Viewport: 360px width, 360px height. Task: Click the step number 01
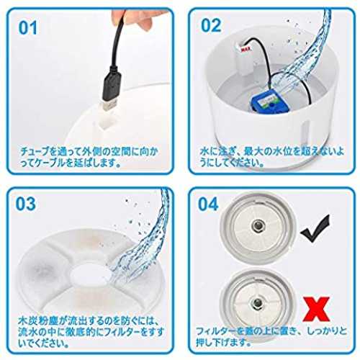(x=28, y=27)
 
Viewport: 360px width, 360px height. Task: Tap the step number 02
(x=211, y=25)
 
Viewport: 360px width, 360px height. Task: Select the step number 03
(x=25, y=204)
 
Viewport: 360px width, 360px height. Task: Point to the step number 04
(x=208, y=204)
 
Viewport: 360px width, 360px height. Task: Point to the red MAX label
(x=246, y=50)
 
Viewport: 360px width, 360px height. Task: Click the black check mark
(x=315, y=229)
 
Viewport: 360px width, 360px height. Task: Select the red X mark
(x=316, y=309)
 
